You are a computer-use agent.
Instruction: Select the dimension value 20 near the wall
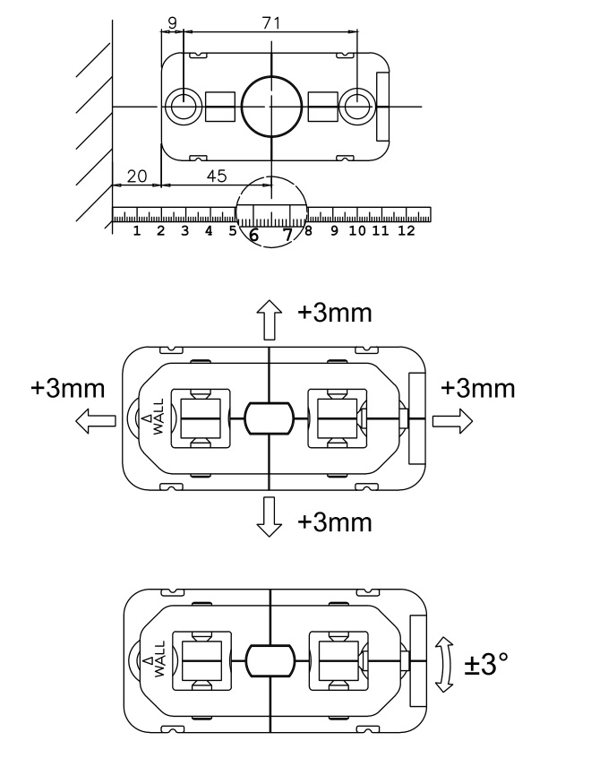coord(136,177)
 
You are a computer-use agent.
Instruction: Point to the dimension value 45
coord(216,177)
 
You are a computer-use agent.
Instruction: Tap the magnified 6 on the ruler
coord(254,235)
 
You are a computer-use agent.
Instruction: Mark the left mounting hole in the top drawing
coord(183,107)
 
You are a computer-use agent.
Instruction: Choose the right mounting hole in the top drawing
coord(357,107)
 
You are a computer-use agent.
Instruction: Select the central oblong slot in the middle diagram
coord(270,418)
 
